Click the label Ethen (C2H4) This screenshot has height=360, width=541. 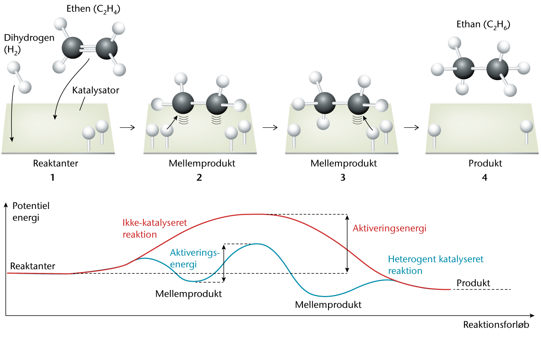pyautogui.click(x=93, y=9)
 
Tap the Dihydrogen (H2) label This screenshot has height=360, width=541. pyautogui.click(x=29, y=43)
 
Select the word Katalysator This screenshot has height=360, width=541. pyautogui.click(x=96, y=90)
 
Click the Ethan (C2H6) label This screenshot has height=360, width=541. pyautogui.click(x=483, y=25)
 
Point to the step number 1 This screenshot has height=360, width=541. pyautogui.click(x=53, y=178)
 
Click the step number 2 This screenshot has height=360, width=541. pyautogui.click(x=199, y=178)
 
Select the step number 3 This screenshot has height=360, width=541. pyautogui.click(x=343, y=178)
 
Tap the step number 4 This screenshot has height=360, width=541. pyautogui.click(x=485, y=178)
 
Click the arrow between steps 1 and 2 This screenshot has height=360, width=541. pyautogui.click(x=127, y=127)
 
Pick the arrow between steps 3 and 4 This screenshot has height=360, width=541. pyautogui.click(x=411, y=127)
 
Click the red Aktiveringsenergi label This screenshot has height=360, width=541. pyautogui.click(x=389, y=228)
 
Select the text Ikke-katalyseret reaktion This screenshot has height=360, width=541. pyautogui.click(x=155, y=228)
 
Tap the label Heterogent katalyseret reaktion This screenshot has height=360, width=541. pyautogui.click(x=435, y=265)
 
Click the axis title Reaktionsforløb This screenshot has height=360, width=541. pyautogui.click(x=496, y=325)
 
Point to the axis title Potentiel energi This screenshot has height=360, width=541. pyautogui.click(x=31, y=212)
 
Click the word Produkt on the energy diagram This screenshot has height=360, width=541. pyautogui.click(x=473, y=283)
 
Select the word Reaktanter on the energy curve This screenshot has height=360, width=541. pyautogui.click(x=33, y=266)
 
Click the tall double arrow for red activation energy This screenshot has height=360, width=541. pyautogui.click(x=347, y=244)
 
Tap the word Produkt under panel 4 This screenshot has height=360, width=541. pyautogui.click(x=485, y=163)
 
